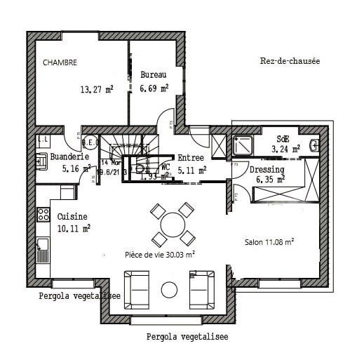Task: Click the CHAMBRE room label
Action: point(60,62)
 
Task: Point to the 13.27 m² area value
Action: point(97,89)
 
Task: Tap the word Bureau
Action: point(153,74)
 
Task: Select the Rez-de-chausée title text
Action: point(289,61)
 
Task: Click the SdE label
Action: point(283,138)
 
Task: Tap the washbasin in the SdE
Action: point(315,146)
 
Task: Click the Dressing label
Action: point(267,169)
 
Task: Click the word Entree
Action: point(191,158)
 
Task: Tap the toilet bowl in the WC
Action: point(139,168)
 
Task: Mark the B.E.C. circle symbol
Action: point(89,143)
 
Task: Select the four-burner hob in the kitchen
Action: point(43,214)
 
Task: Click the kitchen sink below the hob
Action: point(43,245)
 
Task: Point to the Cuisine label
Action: point(73,216)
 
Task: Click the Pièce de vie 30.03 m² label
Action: point(160,255)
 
